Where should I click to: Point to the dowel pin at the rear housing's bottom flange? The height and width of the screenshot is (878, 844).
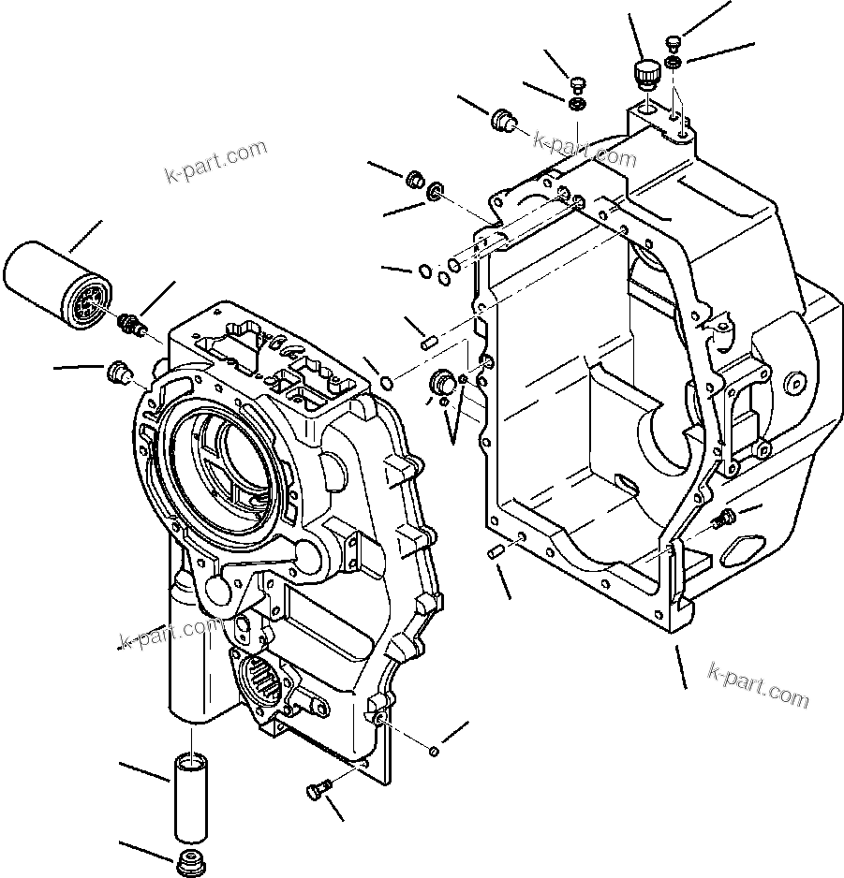[x=496, y=552]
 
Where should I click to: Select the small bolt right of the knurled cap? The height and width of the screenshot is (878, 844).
[x=673, y=42]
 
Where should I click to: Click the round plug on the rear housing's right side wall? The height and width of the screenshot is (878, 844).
[x=797, y=381]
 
